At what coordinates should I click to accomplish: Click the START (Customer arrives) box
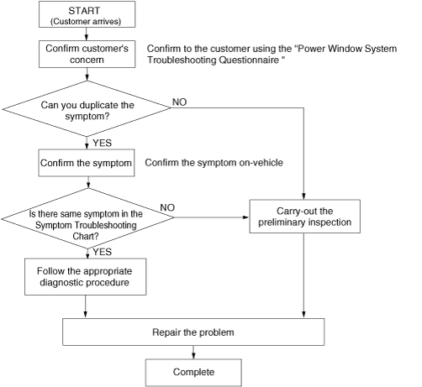tap(87, 14)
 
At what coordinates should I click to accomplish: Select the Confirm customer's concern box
tap(87, 54)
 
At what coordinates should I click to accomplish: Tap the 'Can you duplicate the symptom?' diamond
tap(87, 108)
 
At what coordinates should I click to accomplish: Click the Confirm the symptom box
tap(87, 163)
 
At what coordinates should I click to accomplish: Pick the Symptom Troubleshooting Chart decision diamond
tap(87, 218)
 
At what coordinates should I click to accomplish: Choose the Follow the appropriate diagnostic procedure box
tap(86, 276)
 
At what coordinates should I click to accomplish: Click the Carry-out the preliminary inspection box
tap(305, 217)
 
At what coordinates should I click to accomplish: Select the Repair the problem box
tap(193, 332)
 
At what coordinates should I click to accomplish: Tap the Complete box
tap(193, 373)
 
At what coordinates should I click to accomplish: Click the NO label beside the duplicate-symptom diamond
tap(179, 102)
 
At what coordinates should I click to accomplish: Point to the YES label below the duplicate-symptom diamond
tap(103, 143)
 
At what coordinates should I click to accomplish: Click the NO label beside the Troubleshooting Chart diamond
tap(167, 207)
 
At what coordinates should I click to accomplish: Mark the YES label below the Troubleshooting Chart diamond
tap(103, 252)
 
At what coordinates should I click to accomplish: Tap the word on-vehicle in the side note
tap(261, 163)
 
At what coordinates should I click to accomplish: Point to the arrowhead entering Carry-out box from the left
tap(246, 217)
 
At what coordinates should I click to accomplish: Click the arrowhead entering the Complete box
tap(193, 356)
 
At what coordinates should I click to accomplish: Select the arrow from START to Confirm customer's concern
tap(87, 34)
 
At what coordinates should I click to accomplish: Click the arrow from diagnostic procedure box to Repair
tap(86, 306)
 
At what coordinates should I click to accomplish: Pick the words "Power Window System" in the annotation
tap(347, 49)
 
